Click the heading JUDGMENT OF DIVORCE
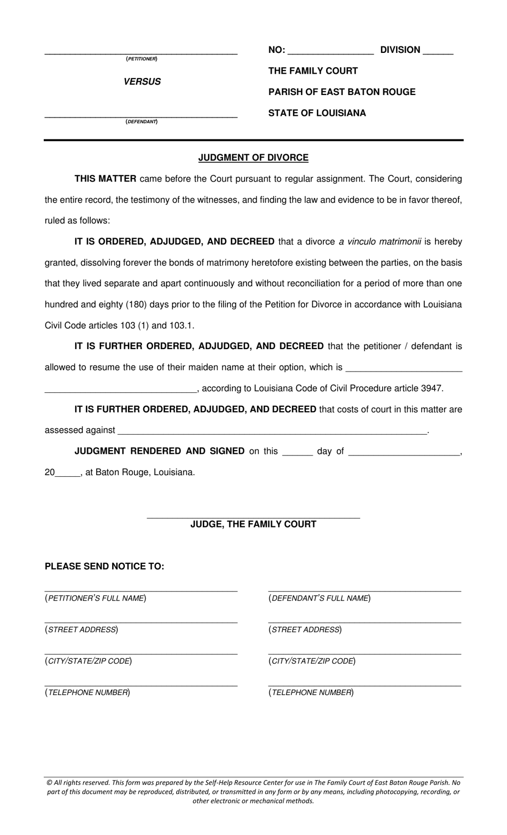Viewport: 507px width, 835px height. [x=253, y=157]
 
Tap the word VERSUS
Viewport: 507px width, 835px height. [x=142, y=82]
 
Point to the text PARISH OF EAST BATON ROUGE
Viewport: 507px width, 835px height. [x=342, y=92]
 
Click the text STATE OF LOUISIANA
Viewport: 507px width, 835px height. [x=317, y=113]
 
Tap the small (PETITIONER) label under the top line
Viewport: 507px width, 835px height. [x=141, y=59]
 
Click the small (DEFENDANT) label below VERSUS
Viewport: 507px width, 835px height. [x=141, y=122]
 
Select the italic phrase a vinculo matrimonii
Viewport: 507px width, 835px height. [x=379, y=242]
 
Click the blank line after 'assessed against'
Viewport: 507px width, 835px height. [x=272, y=432]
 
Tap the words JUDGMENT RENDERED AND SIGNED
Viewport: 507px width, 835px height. [x=160, y=451]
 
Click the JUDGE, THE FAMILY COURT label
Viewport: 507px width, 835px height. [x=253, y=524]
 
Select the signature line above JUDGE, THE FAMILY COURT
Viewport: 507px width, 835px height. [x=253, y=517]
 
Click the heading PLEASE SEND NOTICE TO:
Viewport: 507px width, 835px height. [x=105, y=566]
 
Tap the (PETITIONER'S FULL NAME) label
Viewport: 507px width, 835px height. [x=96, y=598]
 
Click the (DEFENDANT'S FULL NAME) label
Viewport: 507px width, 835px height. [x=319, y=598]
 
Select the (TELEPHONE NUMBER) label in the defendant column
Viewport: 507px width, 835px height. [x=311, y=692]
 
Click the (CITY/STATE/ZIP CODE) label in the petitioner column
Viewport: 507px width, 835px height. [x=89, y=661]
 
